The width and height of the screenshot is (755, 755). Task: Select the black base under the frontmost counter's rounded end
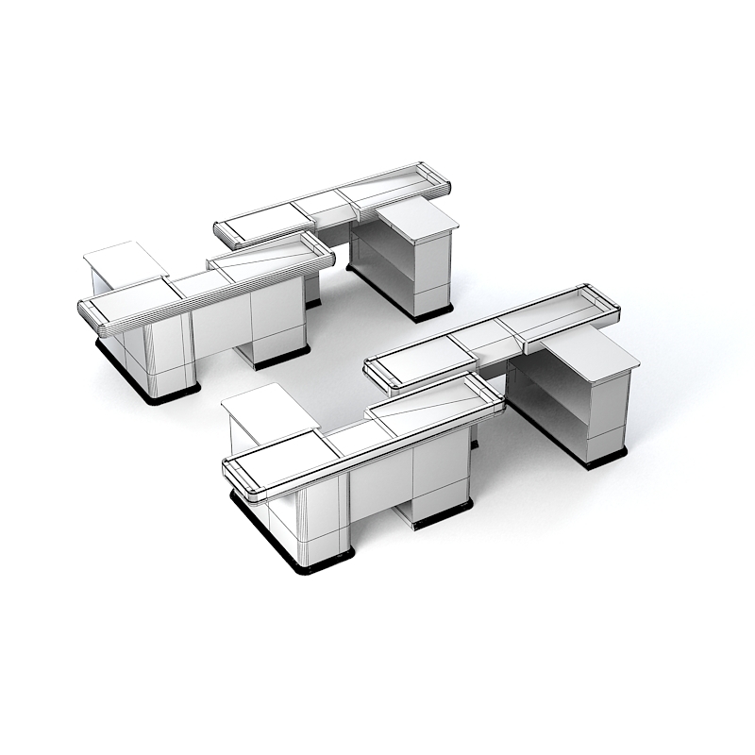302,562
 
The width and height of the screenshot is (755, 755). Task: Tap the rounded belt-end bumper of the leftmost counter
91,315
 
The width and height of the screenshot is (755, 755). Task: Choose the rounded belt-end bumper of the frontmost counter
241,481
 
